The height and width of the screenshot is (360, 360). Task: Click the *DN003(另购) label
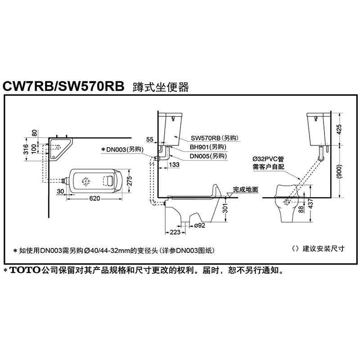pos(124,149)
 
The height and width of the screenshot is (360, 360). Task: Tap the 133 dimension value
pos(175,165)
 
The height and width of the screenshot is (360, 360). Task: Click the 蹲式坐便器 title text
pos(159,86)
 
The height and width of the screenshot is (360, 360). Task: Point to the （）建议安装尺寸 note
pos(317,248)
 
